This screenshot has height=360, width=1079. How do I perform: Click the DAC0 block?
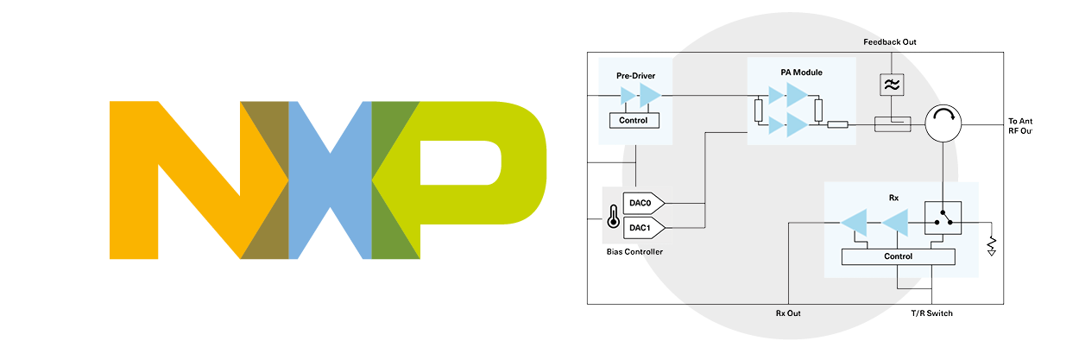pos(641,203)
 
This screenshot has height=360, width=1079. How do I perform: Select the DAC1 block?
pos(641,228)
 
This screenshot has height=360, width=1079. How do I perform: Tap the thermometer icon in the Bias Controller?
pos(613,216)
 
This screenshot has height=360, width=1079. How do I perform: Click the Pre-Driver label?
pos(634,76)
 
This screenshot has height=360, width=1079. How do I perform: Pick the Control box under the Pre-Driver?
pos(634,121)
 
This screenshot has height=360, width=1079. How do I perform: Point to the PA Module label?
pos(801,71)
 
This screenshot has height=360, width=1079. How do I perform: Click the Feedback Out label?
pos(888,42)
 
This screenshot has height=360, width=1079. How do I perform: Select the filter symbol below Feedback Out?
pos(889,85)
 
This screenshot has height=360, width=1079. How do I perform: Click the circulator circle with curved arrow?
pos(942,125)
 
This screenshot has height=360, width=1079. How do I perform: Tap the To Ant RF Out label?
pos(1019,125)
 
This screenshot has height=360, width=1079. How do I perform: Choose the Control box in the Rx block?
pos(898,256)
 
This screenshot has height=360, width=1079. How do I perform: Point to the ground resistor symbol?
pos(992,245)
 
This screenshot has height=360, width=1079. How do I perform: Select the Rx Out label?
pos(788,313)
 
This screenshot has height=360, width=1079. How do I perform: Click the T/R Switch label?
pos(931,313)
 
